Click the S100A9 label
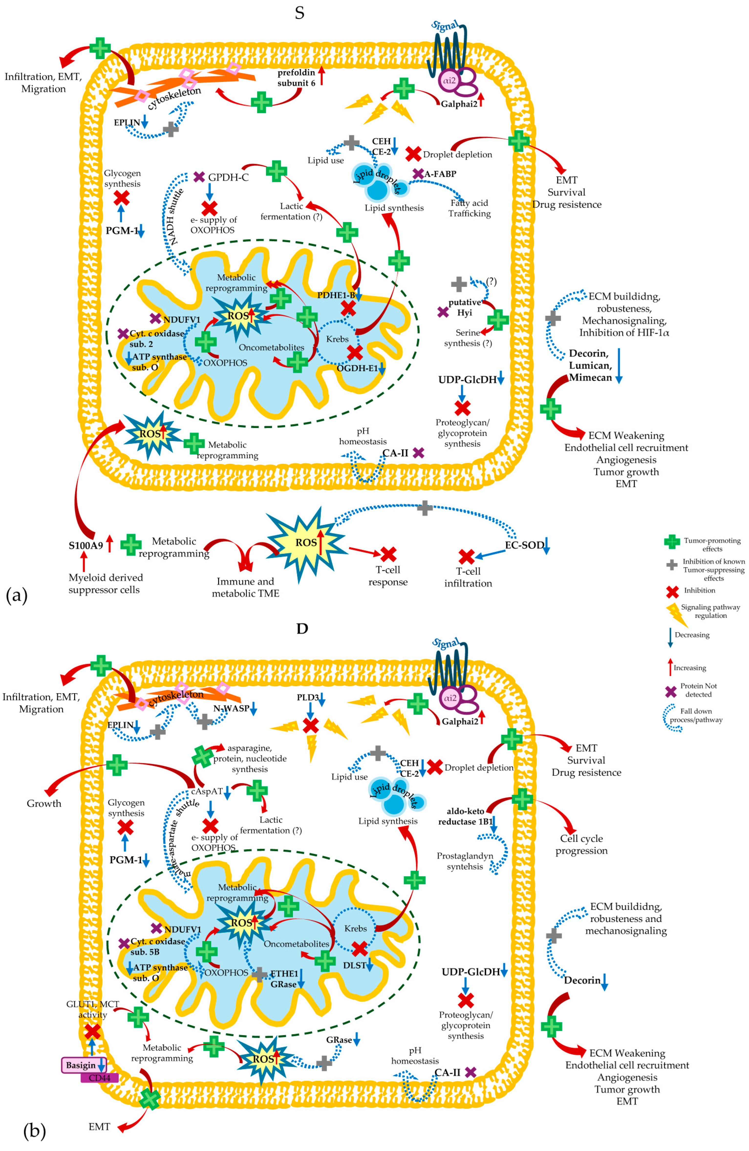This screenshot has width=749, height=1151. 86,546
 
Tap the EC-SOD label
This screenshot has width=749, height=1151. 524,545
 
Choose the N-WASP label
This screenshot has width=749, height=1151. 231,708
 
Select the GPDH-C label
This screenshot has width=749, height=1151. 228,178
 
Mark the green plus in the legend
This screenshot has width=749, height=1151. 672,542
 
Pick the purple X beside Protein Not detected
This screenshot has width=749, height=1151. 671,692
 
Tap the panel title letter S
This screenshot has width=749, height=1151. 300,13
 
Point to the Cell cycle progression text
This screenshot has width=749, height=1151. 581,845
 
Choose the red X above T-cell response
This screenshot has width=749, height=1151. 388,554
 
